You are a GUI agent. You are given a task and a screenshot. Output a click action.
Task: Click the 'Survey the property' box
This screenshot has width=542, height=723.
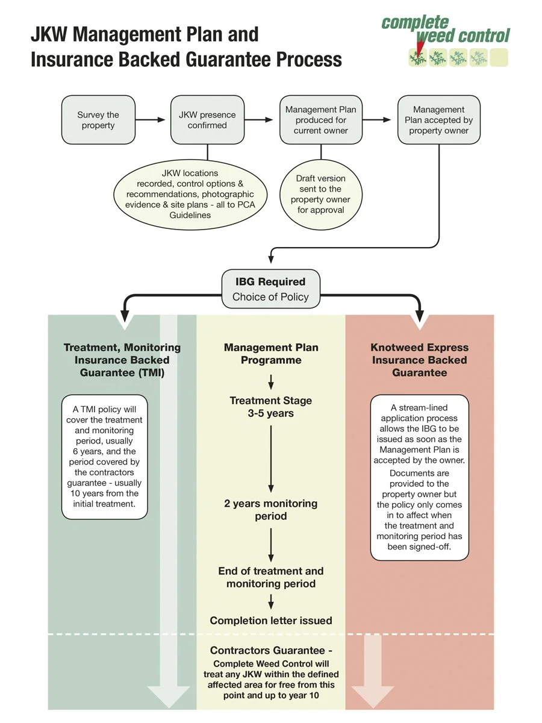[x=98, y=120]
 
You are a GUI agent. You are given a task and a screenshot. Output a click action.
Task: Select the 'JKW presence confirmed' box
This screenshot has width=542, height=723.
[x=207, y=120]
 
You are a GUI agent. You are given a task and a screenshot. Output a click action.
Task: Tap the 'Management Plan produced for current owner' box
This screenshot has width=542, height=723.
[x=320, y=120]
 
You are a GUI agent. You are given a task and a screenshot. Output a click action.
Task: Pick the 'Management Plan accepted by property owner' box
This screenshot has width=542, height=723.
[x=438, y=120]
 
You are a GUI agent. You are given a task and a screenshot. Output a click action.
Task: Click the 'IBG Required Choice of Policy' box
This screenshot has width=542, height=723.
[x=270, y=289]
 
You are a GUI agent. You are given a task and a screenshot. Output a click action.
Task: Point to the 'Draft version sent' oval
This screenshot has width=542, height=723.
[x=320, y=194]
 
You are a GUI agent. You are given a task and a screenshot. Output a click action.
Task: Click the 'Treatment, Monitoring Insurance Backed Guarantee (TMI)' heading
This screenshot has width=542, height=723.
[x=122, y=360]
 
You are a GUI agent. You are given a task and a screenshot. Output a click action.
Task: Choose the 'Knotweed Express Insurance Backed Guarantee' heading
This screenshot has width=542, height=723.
[x=420, y=360]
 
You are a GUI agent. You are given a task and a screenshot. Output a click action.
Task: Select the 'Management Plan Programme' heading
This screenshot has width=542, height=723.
[x=271, y=354]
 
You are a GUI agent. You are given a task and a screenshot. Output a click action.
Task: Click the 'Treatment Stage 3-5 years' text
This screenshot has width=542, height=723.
[x=271, y=407]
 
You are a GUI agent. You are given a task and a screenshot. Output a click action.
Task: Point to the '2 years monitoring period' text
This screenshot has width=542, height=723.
[x=271, y=510]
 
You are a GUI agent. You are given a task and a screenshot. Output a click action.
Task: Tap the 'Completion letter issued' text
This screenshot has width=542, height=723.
[x=271, y=620]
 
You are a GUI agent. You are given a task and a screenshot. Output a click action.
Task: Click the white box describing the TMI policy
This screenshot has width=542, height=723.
[x=105, y=457]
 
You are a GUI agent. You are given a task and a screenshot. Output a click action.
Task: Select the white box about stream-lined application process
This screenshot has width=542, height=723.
[x=419, y=478]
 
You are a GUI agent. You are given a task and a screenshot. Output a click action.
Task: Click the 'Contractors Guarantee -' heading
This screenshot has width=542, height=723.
[x=271, y=651]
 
